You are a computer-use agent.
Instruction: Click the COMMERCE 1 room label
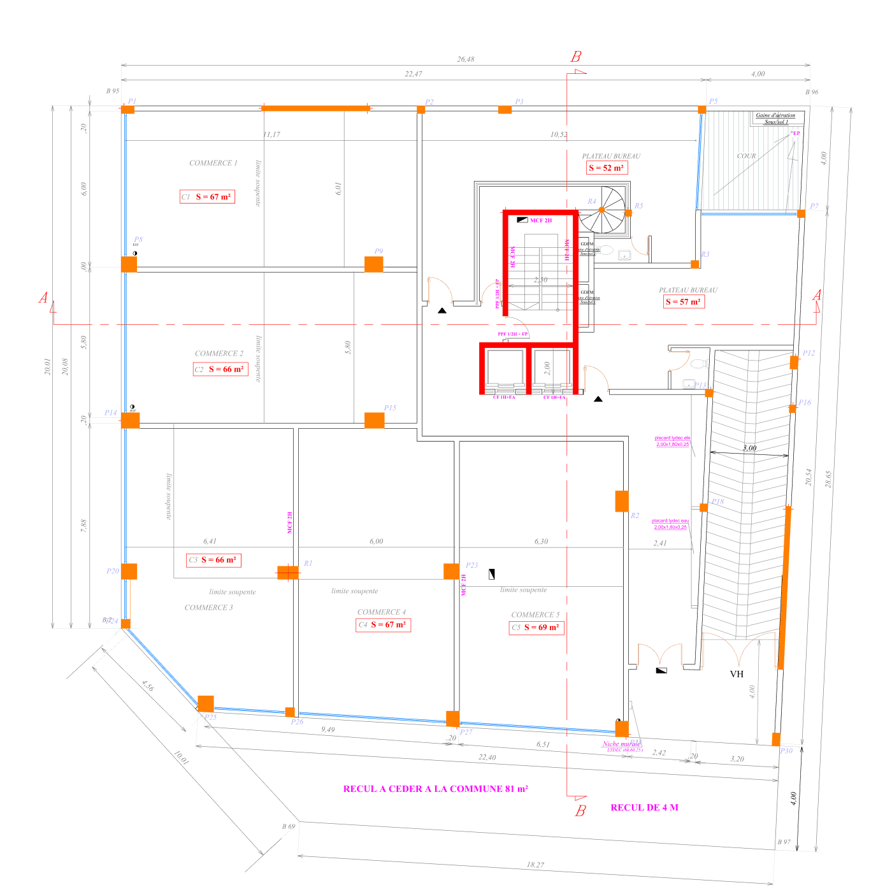[x=213, y=163]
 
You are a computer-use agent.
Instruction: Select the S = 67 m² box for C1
[x=208, y=197]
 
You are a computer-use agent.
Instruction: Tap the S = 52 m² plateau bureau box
[x=606, y=168]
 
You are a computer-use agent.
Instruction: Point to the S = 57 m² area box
[x=683, y=301]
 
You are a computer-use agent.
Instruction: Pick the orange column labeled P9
[x=373, y=264]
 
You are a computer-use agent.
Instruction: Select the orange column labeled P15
[x=374, y=421]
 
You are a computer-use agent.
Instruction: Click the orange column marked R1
[x=287, y=572]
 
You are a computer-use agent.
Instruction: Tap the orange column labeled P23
[x=451, y=571]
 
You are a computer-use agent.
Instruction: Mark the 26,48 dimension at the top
[x=466, y=59]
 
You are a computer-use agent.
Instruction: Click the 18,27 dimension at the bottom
[x=535, y=865]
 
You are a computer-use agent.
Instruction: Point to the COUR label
[x=746, y=156]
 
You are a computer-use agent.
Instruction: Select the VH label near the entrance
[x=737, y=674]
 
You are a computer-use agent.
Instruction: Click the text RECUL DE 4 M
[x=644, y=807]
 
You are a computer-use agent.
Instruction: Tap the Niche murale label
[x=622, y=744]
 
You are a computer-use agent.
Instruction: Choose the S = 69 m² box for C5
[x=536, y=628]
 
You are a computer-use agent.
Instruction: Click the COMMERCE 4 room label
[x=381, y=612]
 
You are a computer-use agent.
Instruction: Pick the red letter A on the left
[x=43, y=298]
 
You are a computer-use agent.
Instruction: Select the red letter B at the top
[x=576, y=57]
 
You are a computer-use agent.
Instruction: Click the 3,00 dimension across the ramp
[x=749, y=448]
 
